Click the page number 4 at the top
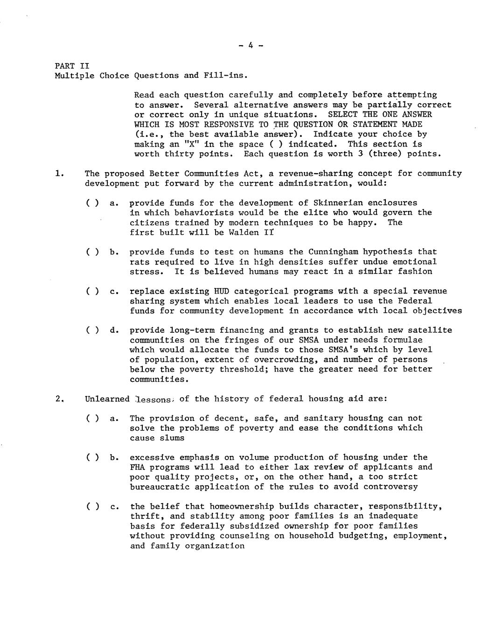pos(251,46)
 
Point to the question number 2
pos(58,399)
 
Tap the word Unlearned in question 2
pos(107,399)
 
